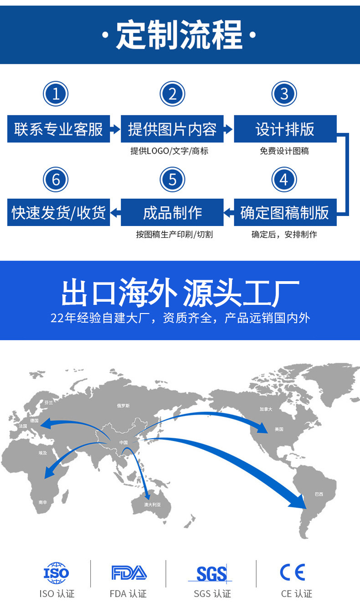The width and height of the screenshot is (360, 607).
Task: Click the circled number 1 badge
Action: [x=56, y=94]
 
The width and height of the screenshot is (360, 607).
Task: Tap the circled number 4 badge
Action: [x=284, y=180]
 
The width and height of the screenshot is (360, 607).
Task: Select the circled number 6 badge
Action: [x=56, y=180]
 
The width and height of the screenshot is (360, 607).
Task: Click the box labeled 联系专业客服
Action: [x=58, y=129]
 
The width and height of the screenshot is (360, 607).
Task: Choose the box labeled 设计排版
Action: [x=285, y=129]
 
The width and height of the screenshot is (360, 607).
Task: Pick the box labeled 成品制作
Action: [x=172, y=212]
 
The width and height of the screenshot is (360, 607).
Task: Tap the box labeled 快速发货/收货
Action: [x=58, y=212]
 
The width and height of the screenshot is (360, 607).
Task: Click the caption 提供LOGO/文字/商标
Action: [x=170, y=151]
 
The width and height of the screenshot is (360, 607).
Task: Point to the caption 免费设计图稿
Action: [x=284, y=151]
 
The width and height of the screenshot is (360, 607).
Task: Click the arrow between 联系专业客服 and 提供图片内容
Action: [x=115, y=129]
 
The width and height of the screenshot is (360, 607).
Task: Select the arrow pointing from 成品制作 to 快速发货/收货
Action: [x=115, y=212]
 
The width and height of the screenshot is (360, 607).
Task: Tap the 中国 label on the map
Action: [x=123, y=442]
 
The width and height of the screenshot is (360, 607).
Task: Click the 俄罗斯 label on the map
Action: [x=123, y=406]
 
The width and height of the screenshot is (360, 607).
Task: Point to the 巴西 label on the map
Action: [x=319, y=494]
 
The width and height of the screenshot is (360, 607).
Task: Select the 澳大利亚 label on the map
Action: [x=153, y=504]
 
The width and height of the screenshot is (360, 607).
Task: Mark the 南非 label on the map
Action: [x=43, y=502]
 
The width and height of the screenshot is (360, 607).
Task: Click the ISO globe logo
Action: [x=57, y=573]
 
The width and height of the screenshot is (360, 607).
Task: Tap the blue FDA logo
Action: [x=129, y=573]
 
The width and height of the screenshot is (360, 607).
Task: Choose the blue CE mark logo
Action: [x=293, y=572]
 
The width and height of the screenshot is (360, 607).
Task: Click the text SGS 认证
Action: [x=212, y=594]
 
